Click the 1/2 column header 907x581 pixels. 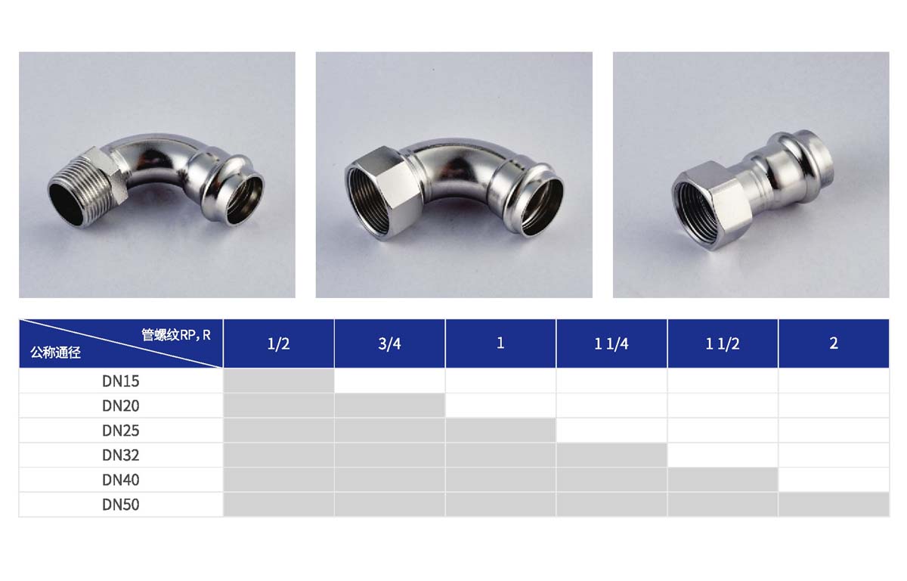279,343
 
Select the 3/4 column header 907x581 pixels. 389,343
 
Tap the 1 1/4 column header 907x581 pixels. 611,343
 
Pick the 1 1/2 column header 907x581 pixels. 723,343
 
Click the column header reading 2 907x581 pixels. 834,343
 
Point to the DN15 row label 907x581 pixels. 121,381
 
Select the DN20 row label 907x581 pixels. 121,405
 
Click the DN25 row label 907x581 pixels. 121,430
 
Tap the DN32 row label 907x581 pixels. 121,455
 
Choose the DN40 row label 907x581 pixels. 121,480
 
